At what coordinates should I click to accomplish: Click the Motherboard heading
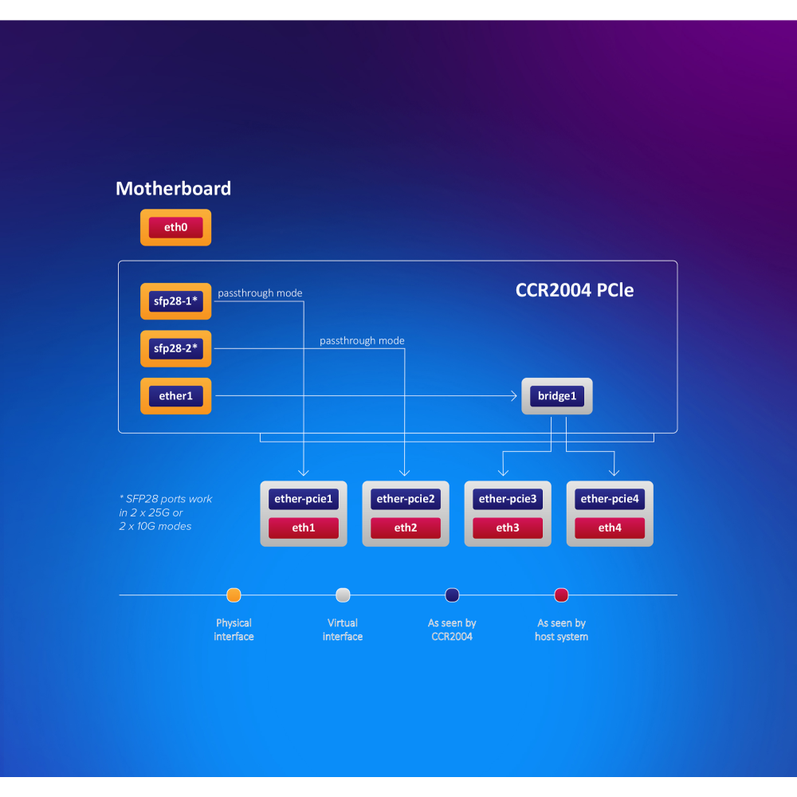point(173,189)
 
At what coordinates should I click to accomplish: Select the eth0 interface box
point(175,228)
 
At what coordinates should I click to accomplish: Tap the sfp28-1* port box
point(175,301)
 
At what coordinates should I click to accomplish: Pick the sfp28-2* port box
point(175,348)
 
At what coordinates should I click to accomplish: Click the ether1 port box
point(175,396)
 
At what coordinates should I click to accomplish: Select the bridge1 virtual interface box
point(556,396)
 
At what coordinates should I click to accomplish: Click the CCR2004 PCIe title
point(574,290)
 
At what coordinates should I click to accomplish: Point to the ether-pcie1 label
point(303,499)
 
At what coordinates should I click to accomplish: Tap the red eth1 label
point(303,528)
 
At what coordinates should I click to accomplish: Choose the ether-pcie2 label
point(405,499)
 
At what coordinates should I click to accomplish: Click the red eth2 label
point(405,528)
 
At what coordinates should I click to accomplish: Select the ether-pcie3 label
point(507,499)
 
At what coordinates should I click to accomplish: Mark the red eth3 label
point(507,528)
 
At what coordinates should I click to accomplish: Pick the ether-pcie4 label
point(609,499)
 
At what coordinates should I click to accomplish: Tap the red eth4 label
point(609,528)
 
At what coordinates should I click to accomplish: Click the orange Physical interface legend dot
point(234,595)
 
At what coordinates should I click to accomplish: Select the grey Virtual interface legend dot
point(343,595)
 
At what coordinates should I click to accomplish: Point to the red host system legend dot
point(561,595)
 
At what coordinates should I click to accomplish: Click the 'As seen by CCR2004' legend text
point(452,630)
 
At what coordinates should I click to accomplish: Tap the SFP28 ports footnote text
point(166,512)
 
